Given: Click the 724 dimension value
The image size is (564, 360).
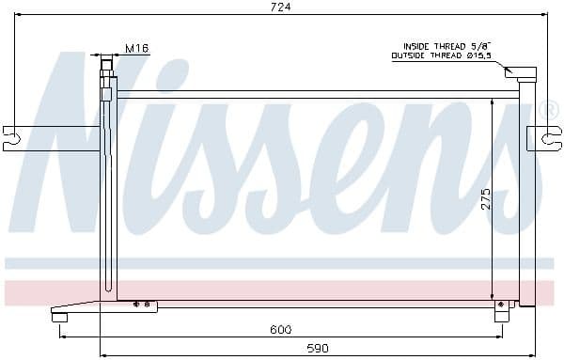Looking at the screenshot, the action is (280, 7).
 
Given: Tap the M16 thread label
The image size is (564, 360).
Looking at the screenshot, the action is (137, 48).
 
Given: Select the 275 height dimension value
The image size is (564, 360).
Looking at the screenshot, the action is (486, 198).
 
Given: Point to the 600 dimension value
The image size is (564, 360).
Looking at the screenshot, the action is (281, 329).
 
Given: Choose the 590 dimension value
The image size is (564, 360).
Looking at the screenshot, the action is (318, 348).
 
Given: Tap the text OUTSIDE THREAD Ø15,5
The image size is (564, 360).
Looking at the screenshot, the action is (442, 55).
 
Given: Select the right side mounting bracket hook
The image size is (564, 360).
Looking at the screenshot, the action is (549, 138).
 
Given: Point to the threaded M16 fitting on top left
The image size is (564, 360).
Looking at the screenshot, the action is (107, 66).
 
